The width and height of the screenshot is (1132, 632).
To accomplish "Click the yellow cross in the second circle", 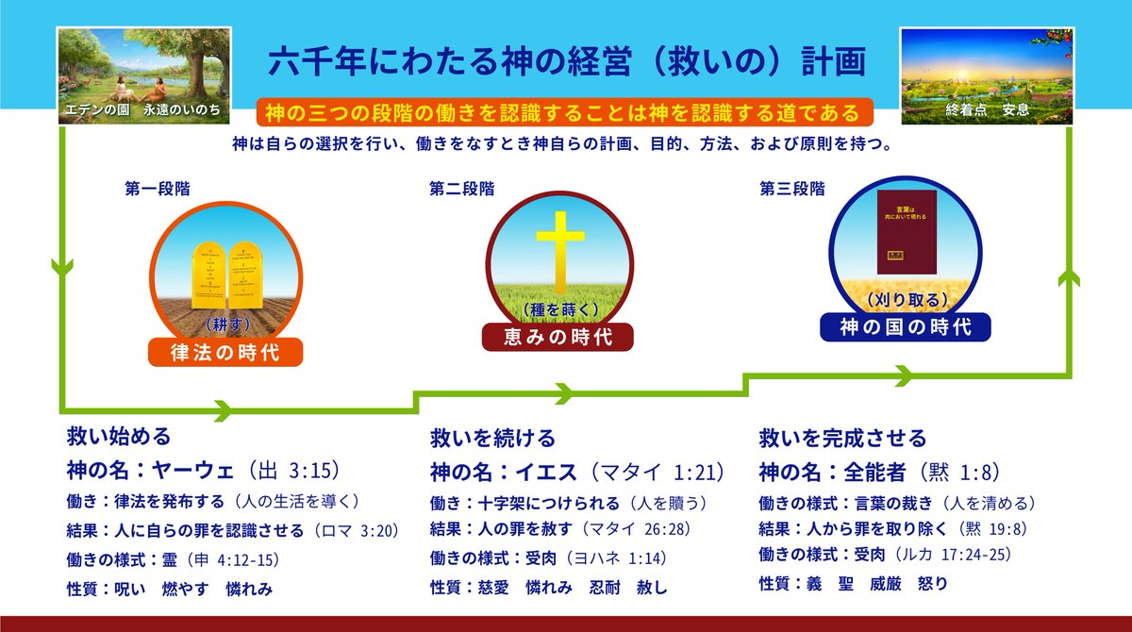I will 557,249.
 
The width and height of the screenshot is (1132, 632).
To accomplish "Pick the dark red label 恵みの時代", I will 557,337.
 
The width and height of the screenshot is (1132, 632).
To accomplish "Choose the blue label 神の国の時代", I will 907,327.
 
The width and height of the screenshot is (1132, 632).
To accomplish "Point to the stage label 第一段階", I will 157,189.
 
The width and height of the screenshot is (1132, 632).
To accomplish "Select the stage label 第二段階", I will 461,189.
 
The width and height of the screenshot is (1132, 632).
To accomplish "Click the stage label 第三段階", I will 791,189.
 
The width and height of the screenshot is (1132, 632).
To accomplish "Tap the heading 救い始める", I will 119,437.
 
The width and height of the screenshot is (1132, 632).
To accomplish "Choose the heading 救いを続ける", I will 492,439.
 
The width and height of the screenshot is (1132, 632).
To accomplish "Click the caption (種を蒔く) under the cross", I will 557,308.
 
